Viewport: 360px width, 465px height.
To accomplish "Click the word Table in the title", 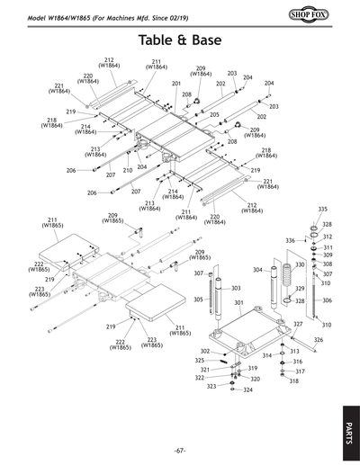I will point(160,40).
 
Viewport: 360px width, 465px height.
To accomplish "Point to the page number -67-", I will point(179,450).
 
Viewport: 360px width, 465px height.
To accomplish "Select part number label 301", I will point(238,303).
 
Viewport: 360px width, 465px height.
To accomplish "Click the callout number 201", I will point(176,83).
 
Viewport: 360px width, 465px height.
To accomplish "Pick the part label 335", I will point(322,209).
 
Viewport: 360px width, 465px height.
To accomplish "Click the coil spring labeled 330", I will point(291,287).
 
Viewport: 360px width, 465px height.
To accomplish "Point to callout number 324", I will point(247,390).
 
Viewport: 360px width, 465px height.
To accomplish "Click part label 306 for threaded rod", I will point(327,300).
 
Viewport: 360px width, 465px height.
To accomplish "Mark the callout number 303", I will point(236,288).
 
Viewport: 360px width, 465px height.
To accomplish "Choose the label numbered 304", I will point(257,270).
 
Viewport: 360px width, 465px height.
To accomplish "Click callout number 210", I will point(128,170).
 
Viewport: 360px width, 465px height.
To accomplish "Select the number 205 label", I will point(214,114).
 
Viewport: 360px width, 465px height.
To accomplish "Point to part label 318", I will point(293,381).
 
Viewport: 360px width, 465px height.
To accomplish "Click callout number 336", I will point(290,241).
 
